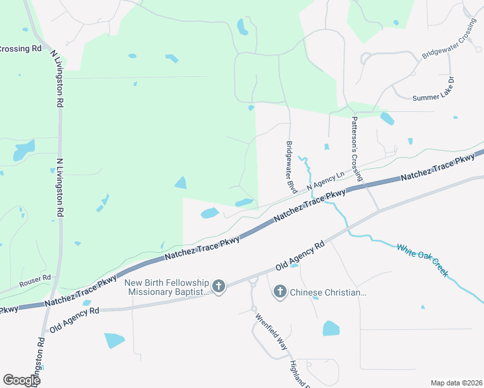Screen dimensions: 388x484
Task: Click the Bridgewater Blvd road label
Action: point(291,168)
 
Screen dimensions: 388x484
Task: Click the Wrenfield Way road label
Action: point(270,332)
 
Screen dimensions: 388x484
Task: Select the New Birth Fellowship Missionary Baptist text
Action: point(168,288)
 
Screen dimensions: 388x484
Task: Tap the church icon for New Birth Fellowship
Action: point(219,286)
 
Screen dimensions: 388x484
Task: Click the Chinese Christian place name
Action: point(329,293)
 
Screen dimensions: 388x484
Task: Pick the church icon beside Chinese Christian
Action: point(280,292)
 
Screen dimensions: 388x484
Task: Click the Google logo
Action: point(21,380)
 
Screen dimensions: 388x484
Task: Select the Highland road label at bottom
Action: point(301,374)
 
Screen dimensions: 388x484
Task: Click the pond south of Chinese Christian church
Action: point(331,328)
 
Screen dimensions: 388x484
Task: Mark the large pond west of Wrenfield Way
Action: point(115,340)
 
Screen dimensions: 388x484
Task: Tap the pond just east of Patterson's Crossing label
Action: point(387,118)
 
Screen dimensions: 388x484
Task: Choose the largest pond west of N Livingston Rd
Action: point(23,151)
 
